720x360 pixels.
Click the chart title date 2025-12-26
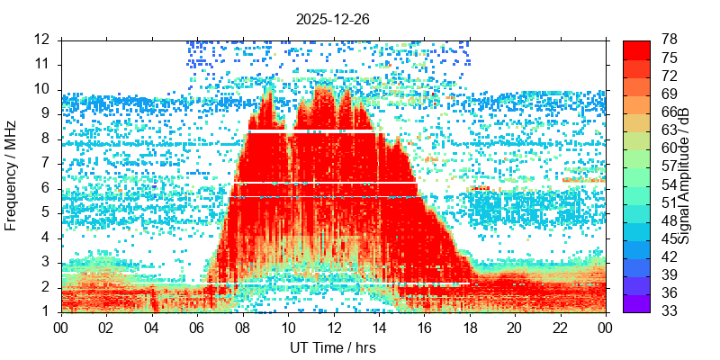[x=332, y=18]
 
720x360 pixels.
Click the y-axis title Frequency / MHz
[x=12, y=175]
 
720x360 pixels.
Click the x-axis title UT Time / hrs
[x=332, y=347]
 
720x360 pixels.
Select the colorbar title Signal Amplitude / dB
[x=684, y=175]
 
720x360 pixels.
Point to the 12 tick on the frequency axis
[x=41, y=40]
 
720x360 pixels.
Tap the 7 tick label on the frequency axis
[x=45, y=164]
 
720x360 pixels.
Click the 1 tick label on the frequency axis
[x=45, y=312]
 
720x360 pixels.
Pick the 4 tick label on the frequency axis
[x=45, y=238]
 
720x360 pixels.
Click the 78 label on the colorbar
[x=670, y=40]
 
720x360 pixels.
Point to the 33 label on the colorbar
[x=670, y=311]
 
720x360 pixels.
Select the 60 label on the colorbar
[x=670, y=148]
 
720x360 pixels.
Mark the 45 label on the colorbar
[x=670, y=239]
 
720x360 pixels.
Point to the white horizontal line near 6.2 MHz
[x=324, y=183]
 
